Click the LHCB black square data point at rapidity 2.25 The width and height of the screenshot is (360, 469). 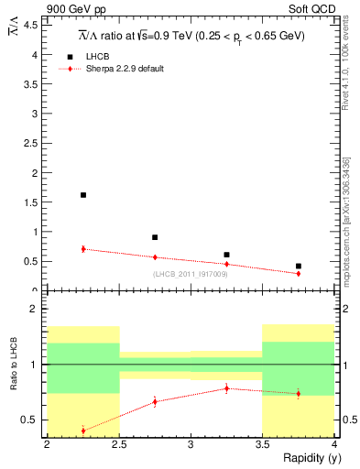[83, 195]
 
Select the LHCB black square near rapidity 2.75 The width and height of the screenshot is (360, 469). [155, 237]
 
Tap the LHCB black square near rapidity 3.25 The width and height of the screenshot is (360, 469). [226, 255]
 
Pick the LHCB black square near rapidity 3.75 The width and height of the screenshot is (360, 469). [299, 267]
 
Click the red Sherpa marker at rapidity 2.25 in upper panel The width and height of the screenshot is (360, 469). [83, 249]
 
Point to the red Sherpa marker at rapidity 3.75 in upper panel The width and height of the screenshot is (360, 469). [299, 273]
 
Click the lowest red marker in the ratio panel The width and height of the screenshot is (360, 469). [83, 431]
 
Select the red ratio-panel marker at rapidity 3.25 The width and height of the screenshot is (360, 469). [226, 388]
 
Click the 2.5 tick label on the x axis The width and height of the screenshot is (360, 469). [119, 445]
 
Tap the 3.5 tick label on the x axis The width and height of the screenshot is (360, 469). [262, 445]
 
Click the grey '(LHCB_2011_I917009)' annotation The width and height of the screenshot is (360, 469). [191, 274]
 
